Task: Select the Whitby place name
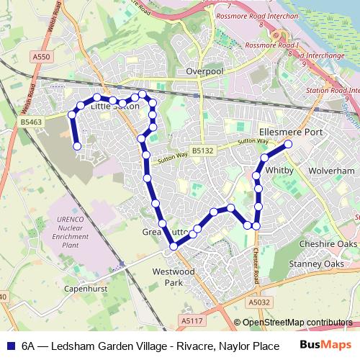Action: click(277, 171)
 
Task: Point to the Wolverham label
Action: click(332, 171)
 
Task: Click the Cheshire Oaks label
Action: click(328, 245)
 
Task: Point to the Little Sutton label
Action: click(115, 107)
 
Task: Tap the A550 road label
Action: click(41, 55)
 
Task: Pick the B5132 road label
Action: click(203, 150)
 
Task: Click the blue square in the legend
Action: click(9, 346)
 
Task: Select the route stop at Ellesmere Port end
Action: click(289, 144)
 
